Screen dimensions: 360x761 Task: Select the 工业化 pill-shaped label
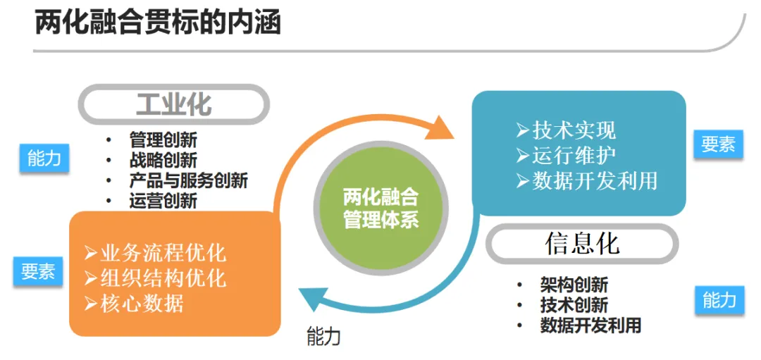[173, 104]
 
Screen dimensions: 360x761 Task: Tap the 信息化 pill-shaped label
[582, 243]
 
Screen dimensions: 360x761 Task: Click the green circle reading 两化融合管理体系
[381, 208]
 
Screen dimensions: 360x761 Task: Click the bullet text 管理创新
[163, 139]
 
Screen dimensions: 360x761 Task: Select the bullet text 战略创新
[163, 160]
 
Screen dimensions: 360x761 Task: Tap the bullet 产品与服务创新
[188, 180]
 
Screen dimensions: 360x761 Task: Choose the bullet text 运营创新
[163, 201]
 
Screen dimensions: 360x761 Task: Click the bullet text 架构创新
[574, 284]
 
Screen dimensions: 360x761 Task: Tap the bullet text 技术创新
[574, 305]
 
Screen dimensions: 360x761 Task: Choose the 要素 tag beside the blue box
[718, 144]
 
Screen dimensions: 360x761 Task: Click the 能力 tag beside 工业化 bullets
[44, 159]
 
